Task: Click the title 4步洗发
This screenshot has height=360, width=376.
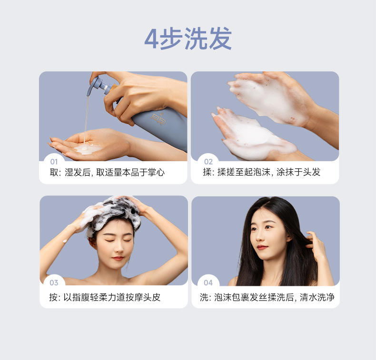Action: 188,39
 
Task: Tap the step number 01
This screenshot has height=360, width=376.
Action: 54,162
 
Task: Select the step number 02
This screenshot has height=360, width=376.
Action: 208,162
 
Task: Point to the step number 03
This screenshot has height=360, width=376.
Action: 54,282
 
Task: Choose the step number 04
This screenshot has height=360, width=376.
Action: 208,283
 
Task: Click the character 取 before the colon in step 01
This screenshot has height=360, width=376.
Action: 54,172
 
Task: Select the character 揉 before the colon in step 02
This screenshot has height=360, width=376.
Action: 207,172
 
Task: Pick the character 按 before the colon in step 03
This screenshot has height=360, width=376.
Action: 53,297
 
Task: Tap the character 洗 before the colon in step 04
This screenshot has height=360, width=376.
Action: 204,297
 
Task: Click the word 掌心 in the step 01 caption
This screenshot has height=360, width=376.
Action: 156,172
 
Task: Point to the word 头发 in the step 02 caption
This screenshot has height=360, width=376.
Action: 312,172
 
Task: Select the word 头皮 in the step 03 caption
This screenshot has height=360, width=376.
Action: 152,297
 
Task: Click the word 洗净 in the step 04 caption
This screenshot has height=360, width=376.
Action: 326,297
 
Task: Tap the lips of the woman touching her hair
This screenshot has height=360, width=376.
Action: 261,247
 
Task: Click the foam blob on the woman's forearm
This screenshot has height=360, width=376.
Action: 64,241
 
